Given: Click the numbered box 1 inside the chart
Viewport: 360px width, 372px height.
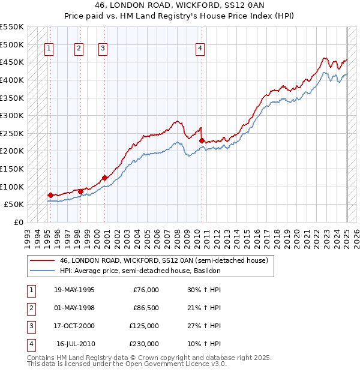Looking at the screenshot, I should pyautogui.click(x=49, y=49).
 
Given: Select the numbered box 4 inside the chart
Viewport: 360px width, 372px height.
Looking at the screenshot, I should pyautogui.click(x=200, y=49).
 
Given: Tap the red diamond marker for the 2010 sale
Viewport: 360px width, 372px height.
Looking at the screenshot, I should pyautogui.click(x=202, y=140).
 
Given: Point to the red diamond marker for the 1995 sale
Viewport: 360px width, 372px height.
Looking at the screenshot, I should pyautogui.click(x=50, y=195).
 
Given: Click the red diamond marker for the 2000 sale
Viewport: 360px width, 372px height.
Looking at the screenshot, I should pyautogui.click(x=104, y=178).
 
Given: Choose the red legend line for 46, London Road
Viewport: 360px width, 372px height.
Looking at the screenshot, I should pyautogui.click(x=42, y=260).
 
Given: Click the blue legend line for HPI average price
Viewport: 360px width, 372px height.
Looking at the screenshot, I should pyautogui.click(x=42, y=271).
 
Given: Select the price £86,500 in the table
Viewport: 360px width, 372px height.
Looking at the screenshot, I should pyautogui.click(x=144, y=308).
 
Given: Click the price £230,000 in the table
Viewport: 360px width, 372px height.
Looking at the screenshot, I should pyautogui.click(x=144, y=344).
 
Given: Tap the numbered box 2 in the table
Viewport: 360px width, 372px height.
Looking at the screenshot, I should pyautogui.click(x=30, y=308).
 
